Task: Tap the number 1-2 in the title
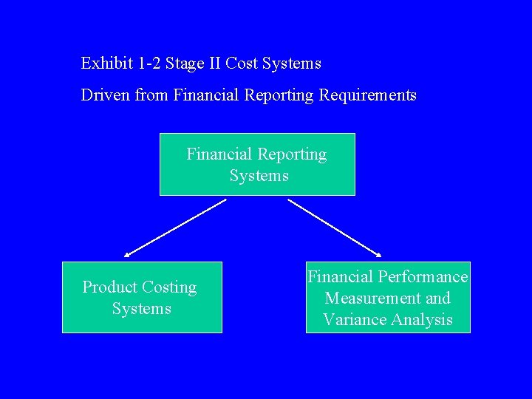(149, 64)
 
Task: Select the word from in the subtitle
(152, 95)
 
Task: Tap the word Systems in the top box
(259, 176)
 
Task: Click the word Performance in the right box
(423, 277)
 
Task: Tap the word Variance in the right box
(352, 320)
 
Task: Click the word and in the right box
(438, 299)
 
